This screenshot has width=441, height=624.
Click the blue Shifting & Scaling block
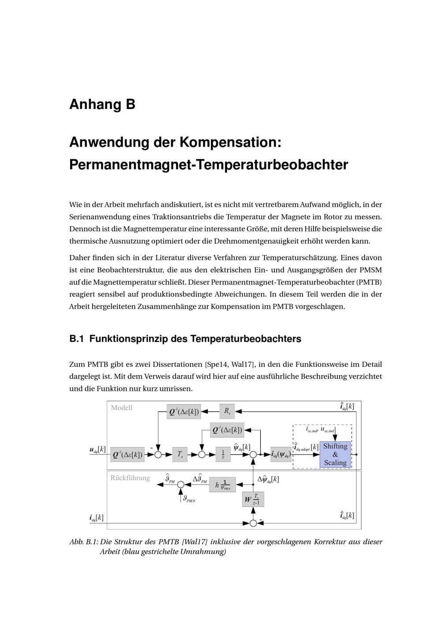335,454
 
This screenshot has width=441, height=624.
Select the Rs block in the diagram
227,411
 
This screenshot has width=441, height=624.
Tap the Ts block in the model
180,454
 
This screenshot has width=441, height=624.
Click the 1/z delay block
223,454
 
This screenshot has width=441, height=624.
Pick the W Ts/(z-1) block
253,500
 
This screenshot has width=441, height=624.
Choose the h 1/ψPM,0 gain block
223,485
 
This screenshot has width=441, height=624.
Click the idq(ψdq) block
281,454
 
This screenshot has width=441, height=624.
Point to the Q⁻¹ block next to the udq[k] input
127,454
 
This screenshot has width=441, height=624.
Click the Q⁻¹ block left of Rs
184,412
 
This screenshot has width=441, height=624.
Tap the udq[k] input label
97,450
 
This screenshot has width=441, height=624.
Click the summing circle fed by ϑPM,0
180,485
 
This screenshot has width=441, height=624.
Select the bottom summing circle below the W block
253,523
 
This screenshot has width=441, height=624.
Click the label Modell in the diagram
122,407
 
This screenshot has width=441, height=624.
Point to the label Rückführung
130,478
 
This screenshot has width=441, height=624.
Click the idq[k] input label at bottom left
97,518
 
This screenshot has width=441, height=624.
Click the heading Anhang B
102,105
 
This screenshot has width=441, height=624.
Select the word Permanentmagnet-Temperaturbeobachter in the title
209,165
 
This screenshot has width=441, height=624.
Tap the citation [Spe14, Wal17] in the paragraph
229,365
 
